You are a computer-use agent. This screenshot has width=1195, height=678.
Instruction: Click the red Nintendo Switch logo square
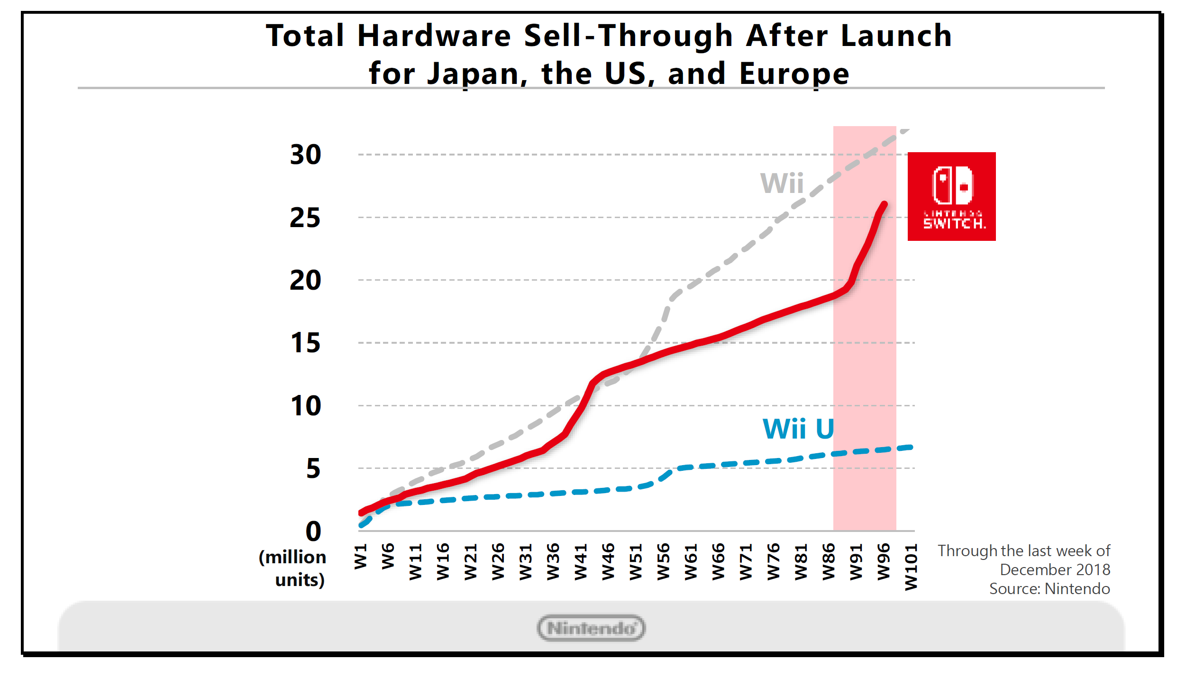(x=951, y=196)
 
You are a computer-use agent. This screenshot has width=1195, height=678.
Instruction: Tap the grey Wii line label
(x=782, y=183)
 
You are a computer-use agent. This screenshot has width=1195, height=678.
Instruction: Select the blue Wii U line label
(x=798, y=429)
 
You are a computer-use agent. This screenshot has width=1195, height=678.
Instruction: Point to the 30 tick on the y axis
(x=306, y=155)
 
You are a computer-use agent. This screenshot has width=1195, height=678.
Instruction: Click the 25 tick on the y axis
(x=306, y=218)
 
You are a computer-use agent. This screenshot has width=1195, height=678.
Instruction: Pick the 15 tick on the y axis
(x=306, y=343)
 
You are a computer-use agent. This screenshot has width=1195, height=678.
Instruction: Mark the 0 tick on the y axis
(x=313, y=531)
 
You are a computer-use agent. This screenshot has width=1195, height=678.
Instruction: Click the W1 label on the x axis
(x=361, y=556)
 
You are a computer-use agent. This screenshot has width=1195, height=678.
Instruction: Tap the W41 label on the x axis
(x=581, y=562)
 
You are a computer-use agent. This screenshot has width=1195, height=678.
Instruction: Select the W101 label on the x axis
(x=911, y=567)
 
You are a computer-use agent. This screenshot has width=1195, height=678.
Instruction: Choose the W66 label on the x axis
(x=718, y=562)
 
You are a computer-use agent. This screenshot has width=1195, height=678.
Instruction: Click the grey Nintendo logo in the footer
(x=591, y=628)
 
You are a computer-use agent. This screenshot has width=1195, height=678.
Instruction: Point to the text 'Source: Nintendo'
(x=1049, y=589)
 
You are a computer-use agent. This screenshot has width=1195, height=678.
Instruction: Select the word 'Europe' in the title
(x=794, y=73)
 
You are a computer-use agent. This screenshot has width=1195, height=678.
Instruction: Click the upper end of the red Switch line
(x=884, y=204)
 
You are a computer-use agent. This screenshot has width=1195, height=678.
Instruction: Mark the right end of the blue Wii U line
(x=911, y=448)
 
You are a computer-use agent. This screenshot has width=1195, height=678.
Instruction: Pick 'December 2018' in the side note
(x=1055, y=570)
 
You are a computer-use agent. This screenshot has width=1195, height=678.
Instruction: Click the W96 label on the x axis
(x=884, y=562)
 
